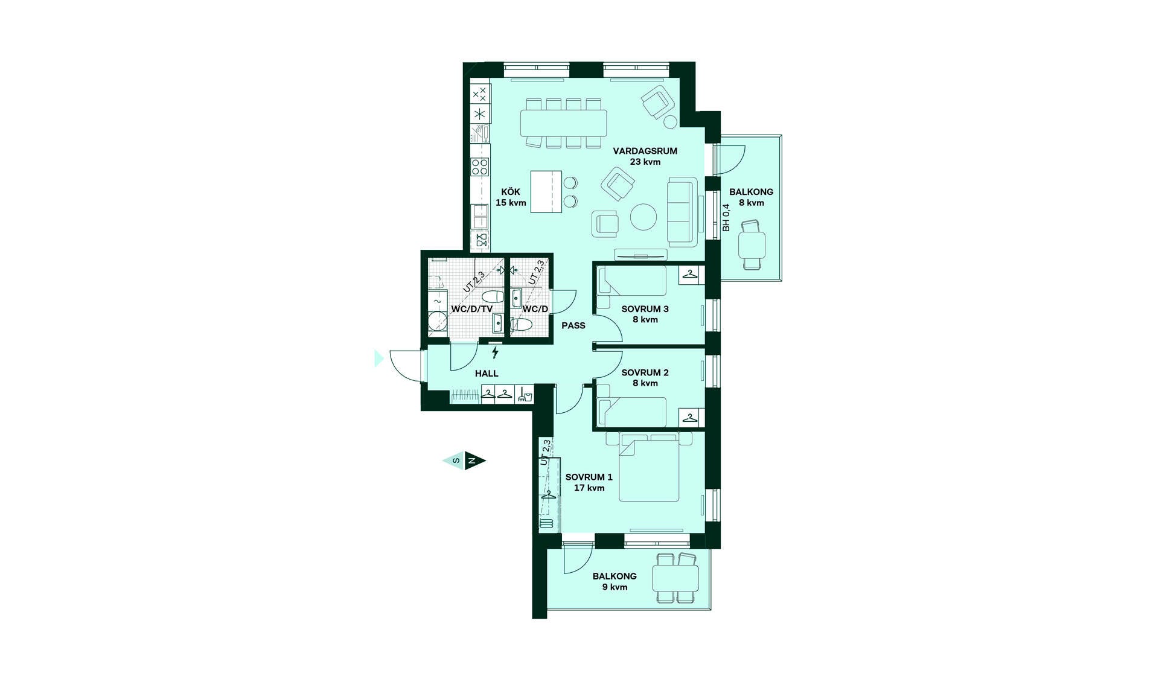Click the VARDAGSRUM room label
[645, 151]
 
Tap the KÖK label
[511, 192]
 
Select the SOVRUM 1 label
[589, 477]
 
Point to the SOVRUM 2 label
[645, 372]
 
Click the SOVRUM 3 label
[645, 309]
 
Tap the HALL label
[487, 374]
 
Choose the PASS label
[573, 325]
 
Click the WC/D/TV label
[472, 309]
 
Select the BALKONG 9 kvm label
[615, 581]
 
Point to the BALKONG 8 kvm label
[751, 197]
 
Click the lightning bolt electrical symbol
[495, 352]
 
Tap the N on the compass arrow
[473, 461]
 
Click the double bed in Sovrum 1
[649, 468]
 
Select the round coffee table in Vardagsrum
[643, 217]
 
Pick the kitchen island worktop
[546, 192]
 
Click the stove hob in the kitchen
[480, 167]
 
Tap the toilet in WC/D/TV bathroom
[493, 296]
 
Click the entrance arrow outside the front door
[379, 359]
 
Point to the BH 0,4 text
[726, 217]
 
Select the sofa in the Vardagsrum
[682, 212]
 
